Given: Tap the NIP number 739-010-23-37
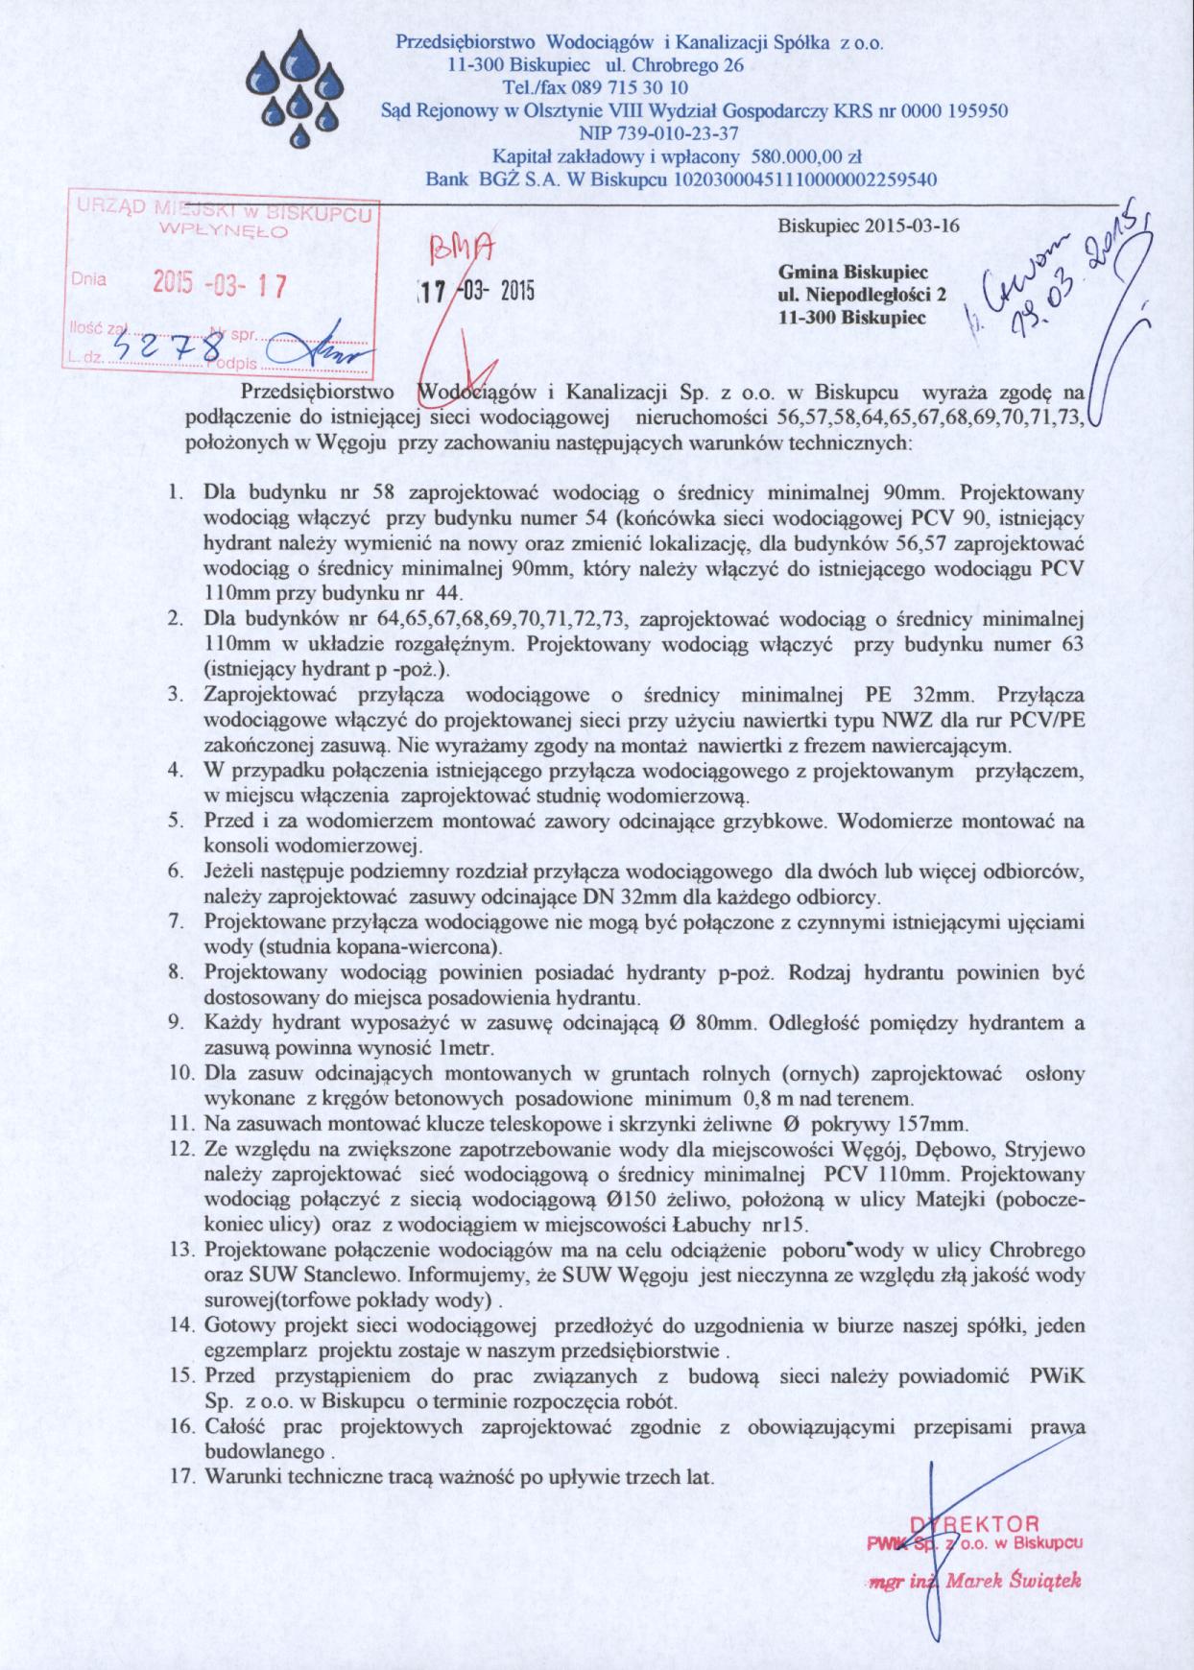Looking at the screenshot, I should (x=676, y=133).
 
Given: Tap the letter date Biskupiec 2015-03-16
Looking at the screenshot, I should (x=868, y=227).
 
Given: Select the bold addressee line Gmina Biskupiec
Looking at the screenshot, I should (x=847, y=273).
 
